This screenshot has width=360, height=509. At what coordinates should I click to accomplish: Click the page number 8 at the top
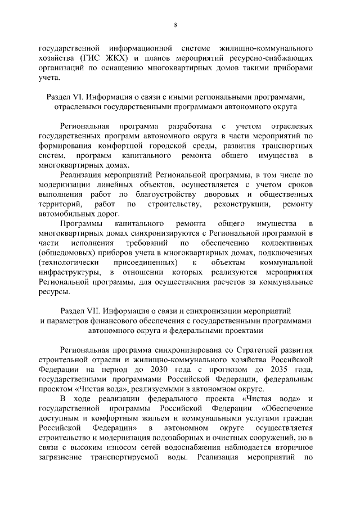point(175,25)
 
